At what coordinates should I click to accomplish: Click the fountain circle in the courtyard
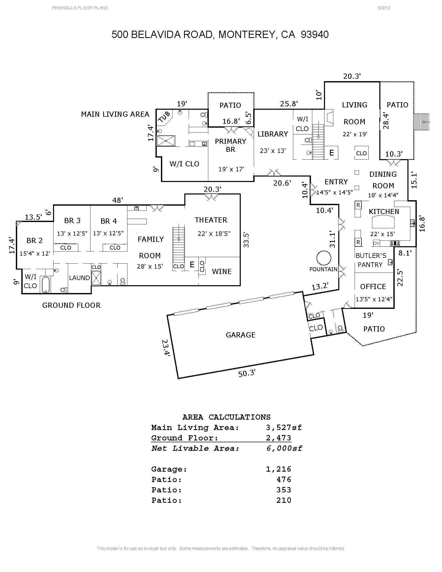point(324,258)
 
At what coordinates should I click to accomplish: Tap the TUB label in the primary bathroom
point(164,117)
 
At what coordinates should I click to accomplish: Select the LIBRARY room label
point(272,134)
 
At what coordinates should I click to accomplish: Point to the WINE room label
point(222,272)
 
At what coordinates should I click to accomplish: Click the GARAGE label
point(240,335)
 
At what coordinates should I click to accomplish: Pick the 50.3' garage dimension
point(247,373)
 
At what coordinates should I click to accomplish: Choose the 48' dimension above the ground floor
point(118,200)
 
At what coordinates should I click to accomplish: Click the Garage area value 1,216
point(278,469)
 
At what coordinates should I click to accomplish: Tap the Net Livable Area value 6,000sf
point(284,448)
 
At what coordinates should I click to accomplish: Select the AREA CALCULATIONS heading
point(226,417)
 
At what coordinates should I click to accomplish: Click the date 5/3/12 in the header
point(384,8)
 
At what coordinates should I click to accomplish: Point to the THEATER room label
point(211,220)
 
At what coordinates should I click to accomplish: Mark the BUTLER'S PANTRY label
point(370,260)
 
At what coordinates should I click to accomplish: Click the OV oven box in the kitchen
point(376,243)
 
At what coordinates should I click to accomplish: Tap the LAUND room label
point(79,278)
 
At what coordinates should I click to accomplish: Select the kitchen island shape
point(383,222)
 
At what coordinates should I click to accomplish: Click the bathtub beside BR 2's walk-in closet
point(46,284)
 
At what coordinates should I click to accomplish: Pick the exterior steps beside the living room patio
point(421,122)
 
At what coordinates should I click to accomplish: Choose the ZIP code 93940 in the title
point(315,35)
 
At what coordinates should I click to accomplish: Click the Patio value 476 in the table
point(284,479)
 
